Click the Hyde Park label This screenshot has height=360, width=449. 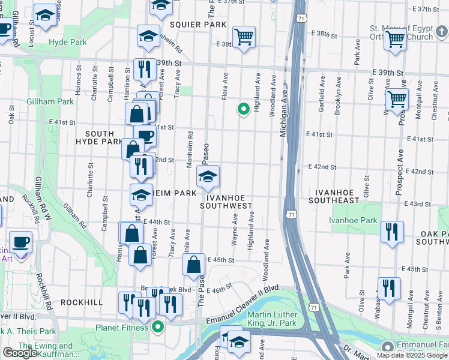pyautogui.click(x=68, y=42)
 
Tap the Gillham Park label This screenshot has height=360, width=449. pyautogui.click(x=50, y=101)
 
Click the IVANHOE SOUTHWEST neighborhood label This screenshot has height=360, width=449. pyautogui.click(x=228, y=200)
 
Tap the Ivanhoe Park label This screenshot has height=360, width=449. pyautogui.click(x=354, y=220)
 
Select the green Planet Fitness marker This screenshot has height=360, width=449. pyautogui.click(x=158, y=327)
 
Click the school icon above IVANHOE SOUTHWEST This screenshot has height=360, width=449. pyautogui.click(x=208, y=177)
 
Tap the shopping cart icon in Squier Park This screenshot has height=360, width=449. pyautogui.click(x=244, y=38)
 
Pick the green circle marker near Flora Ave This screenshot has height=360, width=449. pyautogui.click(x=243, y=109)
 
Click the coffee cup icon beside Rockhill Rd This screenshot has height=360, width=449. pyautogui.click(x=21, y=242)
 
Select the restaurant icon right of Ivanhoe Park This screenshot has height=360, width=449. pyautogui.click(x=392, y=233)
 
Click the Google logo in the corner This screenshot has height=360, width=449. pyautogui.click(x=20, y=353)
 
